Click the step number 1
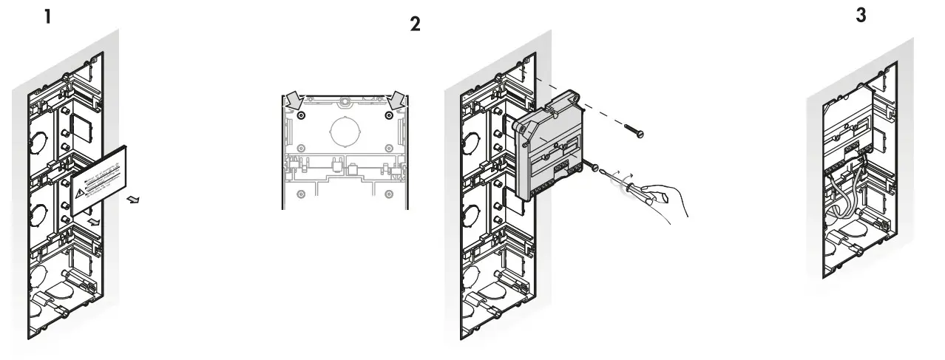pyautogui.click(x=47, y=16)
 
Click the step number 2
pyautogui.click(x=416, y=24)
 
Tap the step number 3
pyautogui.click(x=861, y=16)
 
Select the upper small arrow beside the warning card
pyautogui.click(x=132, y=199)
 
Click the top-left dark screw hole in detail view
pyautogui.click(x=300, y=116)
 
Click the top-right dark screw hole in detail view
pyautogui.click(x=388, y=116)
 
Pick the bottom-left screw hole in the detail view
pyautogui.click(x=300, y=194)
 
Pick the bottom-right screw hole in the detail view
pyautogui.click(x=388, y=194)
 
